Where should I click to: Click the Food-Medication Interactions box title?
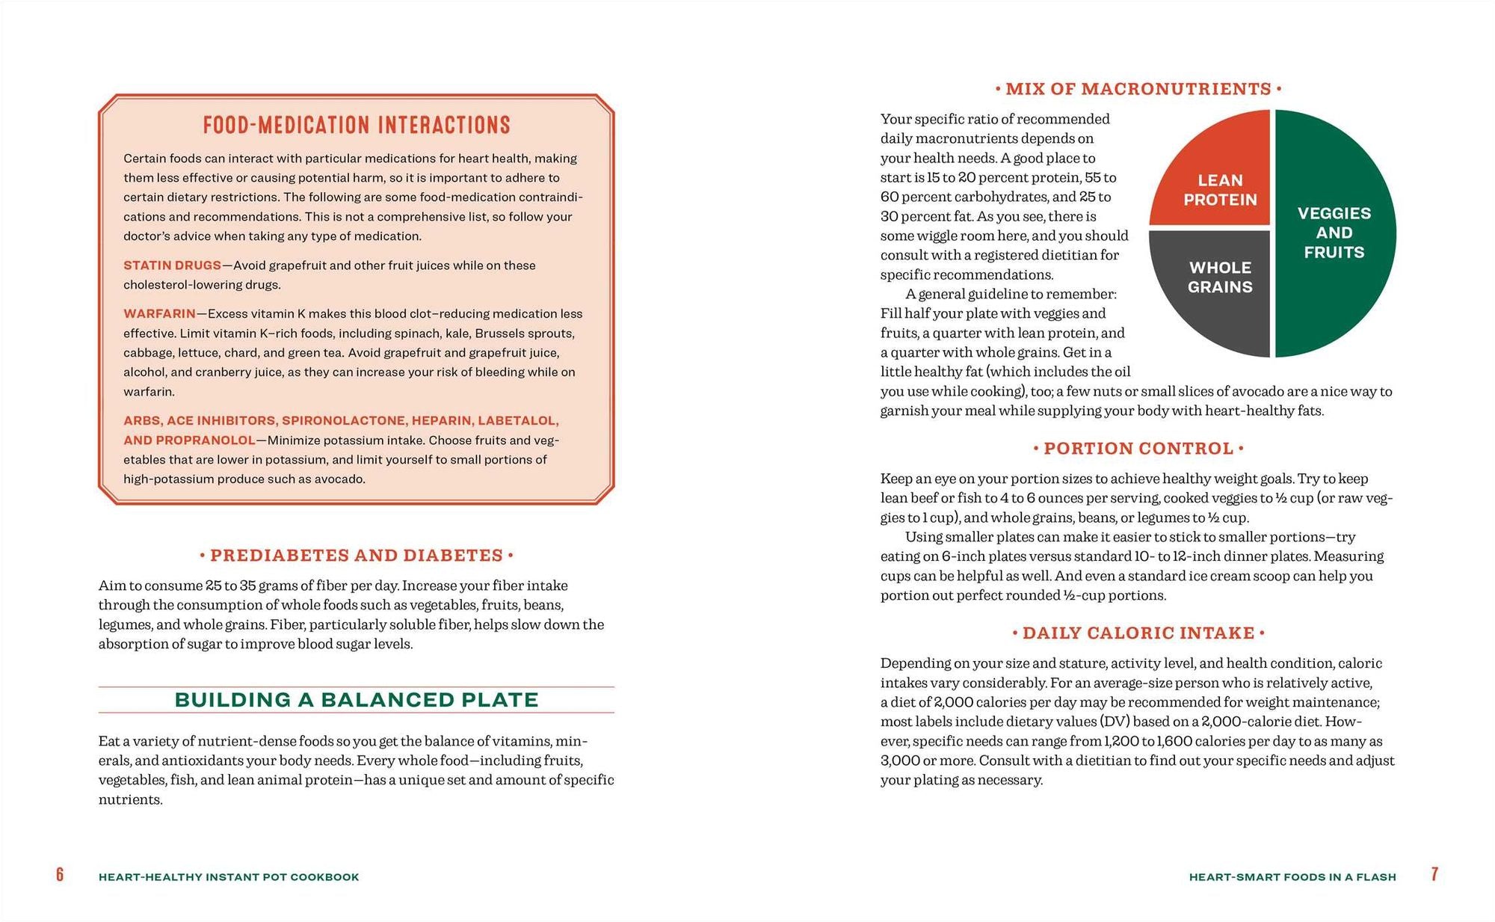click(x=357, y=125)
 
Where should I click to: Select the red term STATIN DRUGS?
click(x=172, y=265)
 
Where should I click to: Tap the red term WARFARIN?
click(x=159, y=314)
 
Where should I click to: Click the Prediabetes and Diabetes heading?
click(x=357, y=556)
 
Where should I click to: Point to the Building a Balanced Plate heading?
click(x=357, y=700)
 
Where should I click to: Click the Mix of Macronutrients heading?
click(x=1138, y=89)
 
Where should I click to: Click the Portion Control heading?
click(x=1138, y=449)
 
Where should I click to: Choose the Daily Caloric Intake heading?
click(x=1138, y=633)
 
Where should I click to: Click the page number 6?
click(x=60, y=875)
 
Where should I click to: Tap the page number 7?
click(x=1434, y=874)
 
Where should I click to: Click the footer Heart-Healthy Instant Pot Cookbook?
click(x=229, y=877)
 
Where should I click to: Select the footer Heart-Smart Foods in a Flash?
click(x=1292, y=877)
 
